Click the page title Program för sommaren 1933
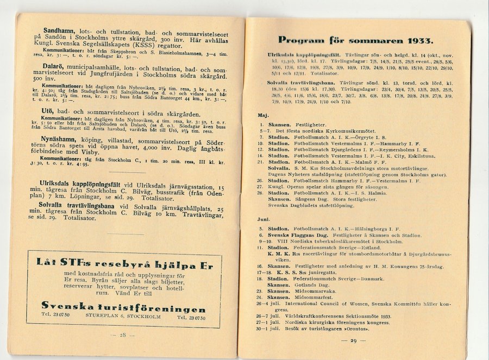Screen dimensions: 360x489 (x=355, y=40)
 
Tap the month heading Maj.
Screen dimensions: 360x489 (x=263, y=115)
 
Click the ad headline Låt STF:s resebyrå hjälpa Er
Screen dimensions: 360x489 (x=124, y=262)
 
